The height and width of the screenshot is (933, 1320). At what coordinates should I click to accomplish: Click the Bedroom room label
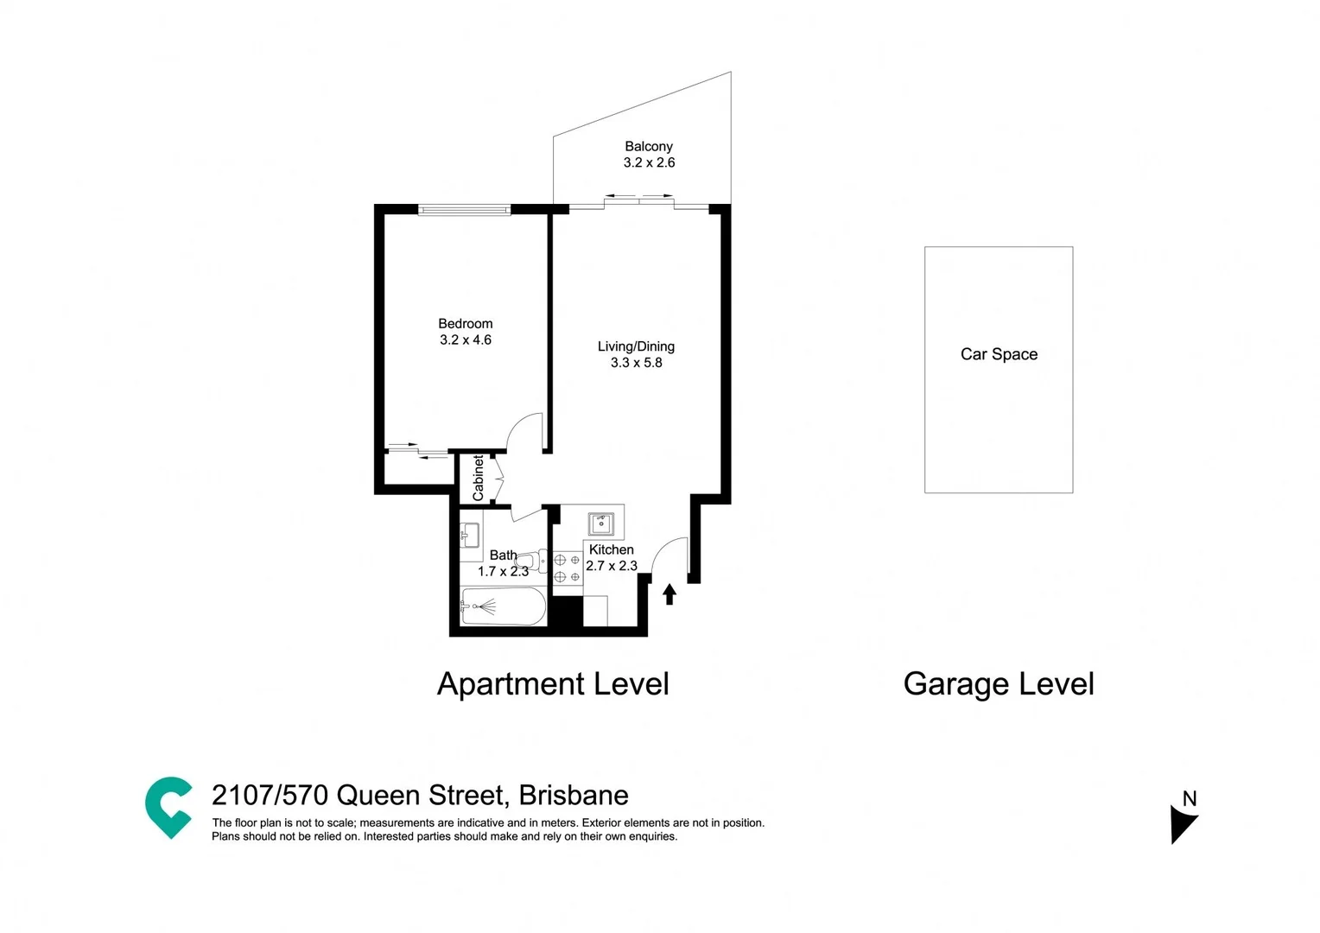465,324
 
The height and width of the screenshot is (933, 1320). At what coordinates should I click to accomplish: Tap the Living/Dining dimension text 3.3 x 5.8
636,363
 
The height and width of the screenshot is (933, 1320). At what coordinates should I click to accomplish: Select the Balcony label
649,147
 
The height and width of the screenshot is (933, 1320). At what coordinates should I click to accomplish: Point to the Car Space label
999,354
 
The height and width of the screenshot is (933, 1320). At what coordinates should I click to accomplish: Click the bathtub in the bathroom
503,606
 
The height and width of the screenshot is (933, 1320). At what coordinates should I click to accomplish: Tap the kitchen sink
601,524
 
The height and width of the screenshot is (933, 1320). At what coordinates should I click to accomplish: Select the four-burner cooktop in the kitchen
567,568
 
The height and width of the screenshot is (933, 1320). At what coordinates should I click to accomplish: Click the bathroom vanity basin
470,535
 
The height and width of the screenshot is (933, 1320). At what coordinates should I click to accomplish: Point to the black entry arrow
669,593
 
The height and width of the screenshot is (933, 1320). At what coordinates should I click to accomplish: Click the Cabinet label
478,478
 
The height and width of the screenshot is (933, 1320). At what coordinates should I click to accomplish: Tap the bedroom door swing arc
524,432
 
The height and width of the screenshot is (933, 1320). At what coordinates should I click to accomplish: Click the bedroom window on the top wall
464,209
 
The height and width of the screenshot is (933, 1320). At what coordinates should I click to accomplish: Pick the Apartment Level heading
553,684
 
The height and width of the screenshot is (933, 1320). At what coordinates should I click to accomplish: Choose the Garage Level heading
998,684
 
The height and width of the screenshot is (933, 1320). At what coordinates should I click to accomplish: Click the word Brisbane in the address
574,795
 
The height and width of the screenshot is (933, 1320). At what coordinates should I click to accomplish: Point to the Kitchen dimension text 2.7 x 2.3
612,566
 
